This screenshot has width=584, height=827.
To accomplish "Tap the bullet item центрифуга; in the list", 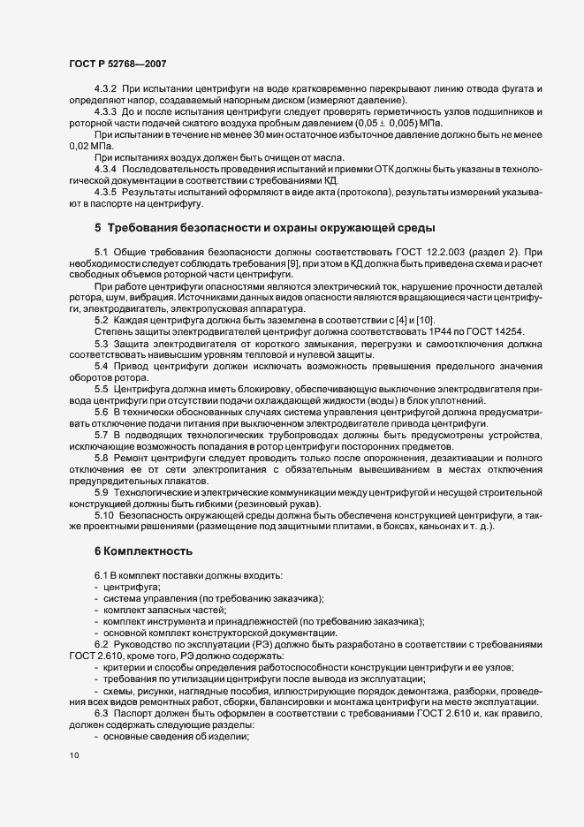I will (133, 587).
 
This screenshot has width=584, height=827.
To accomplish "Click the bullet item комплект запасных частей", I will (164, 610).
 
